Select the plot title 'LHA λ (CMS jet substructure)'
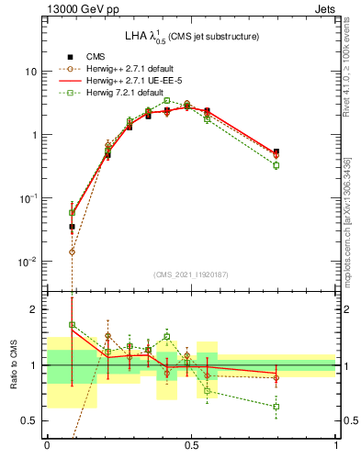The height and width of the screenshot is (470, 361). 190,36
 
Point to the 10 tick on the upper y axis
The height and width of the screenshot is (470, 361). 30,72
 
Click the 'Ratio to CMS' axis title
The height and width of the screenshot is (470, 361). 13,365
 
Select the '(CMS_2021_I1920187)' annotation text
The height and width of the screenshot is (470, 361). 191,274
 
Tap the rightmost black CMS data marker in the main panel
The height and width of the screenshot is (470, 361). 276,151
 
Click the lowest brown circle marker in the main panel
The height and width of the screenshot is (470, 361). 73,252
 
